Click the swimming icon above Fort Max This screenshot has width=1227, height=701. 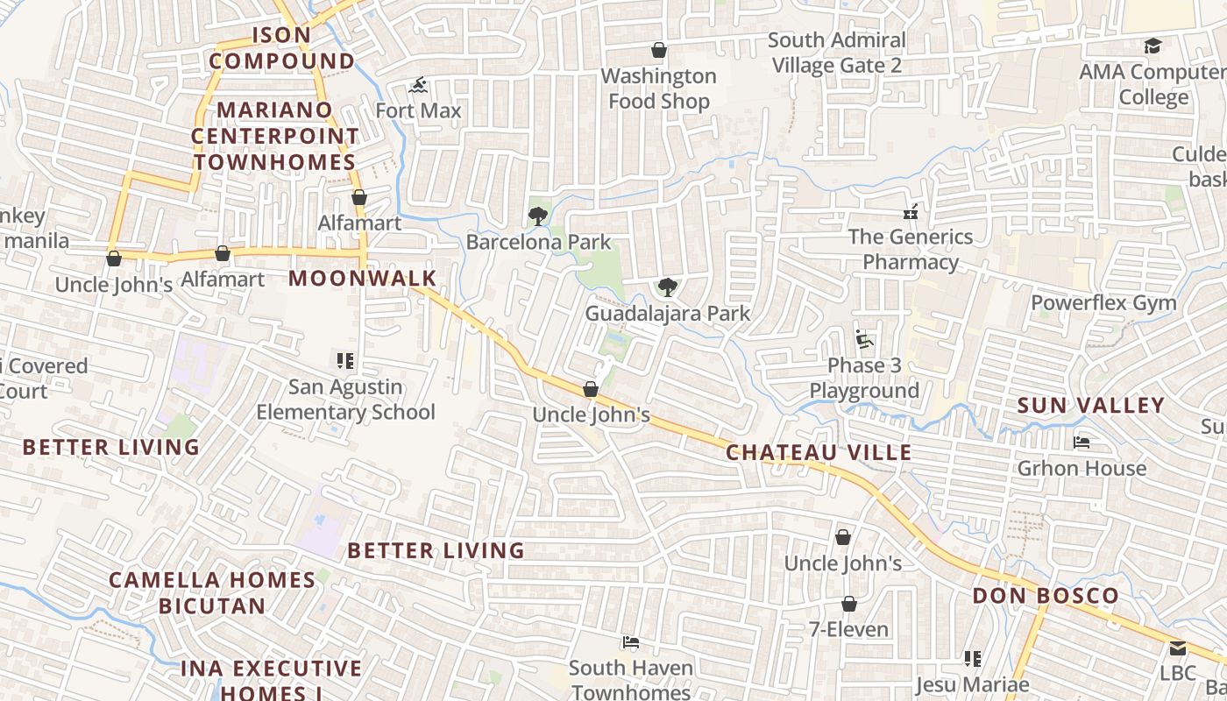click(x=419, y=86)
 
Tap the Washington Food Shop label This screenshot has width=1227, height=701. click(x=658, y=89)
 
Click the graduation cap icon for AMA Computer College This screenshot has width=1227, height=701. click(x=1153, y=46)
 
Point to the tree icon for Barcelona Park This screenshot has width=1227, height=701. click(x=538, y=216)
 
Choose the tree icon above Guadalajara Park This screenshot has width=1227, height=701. click(x=667, y=287)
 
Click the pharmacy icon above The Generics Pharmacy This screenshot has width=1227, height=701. click(x=911, y=211)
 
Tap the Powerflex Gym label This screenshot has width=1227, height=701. click(x=1103, y=303)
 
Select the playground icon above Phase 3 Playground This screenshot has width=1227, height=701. click(x=864, y=339)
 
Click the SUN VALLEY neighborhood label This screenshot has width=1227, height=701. click(x=1090, y=406)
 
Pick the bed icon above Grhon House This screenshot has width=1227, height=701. click(x=1082, y=443)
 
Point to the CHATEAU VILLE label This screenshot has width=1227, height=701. click(x=819, y=453)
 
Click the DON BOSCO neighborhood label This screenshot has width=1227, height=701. click(x=1046, y=597)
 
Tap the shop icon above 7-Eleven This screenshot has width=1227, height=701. click(x=848, y=604)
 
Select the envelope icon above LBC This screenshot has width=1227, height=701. click(x=1177, y=648)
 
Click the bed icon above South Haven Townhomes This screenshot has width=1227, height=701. click(x=630, y=642)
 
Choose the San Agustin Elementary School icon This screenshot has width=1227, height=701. click(x=345, y=361)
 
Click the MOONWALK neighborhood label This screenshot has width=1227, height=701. click(x=362, y=279)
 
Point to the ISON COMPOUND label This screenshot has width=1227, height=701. click(x=281, y=48)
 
